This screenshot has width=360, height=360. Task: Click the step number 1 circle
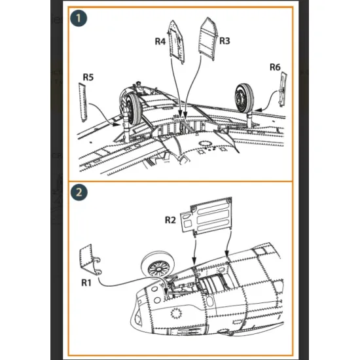pyautogui.click(x=79, y=18)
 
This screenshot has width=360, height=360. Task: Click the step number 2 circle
pyautogui.click(x=79, y=192)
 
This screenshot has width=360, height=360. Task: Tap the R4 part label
pyautogui.click(x=160, y=41)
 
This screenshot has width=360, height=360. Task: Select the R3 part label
pyautogui.click(x=225, y=41)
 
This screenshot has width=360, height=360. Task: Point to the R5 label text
pyautogui.click(x=88, y=77)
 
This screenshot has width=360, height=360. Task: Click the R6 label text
pyautogui.click(x=275, y=67)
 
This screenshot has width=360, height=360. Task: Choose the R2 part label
pyautogui.click(x=170, y=220)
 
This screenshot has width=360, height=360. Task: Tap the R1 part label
pyautogui.click(x=86, y=283)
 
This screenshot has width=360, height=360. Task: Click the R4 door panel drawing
pyautogui.click(x=176, y=42)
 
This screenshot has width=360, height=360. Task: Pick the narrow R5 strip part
pyautogui.click(x=82, y=102)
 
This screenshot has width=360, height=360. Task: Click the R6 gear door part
pyautogui.click(x=283, y=89)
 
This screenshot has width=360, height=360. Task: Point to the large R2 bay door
pyautogui.click(x=207, y=215)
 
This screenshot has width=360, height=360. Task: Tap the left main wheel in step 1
pyautogui.click(x=134, y=109)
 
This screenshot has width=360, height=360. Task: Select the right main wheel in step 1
pyautogui.click(x=244, y=98)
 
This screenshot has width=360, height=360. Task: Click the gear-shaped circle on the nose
pyautogui.click(x=176, y=313)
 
